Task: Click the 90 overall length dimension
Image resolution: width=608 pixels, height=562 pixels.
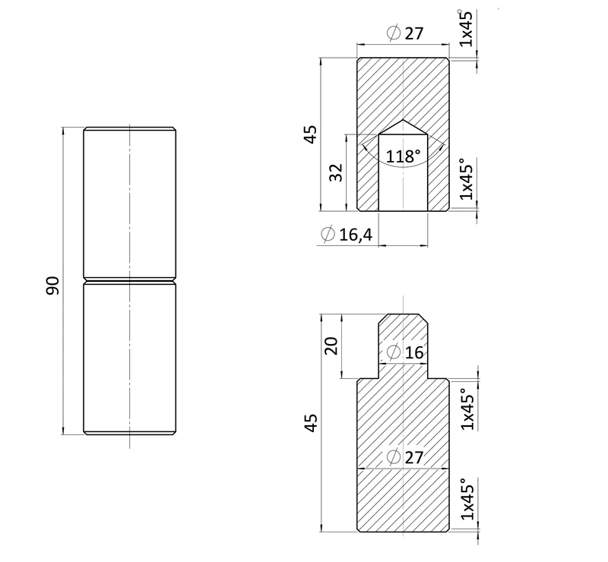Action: point(52,286)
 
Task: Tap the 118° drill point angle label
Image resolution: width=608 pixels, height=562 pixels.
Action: point(404,156)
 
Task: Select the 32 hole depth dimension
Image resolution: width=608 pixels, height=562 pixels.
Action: point(337,172)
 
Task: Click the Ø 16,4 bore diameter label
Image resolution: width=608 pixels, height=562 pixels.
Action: point(347,234)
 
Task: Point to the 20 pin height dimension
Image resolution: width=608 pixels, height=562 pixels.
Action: point(331,346)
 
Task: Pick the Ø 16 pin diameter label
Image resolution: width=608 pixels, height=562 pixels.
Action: point(406,352)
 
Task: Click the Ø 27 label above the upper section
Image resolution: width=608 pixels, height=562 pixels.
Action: point(406,33)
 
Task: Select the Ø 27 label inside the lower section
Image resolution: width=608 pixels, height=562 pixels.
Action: point(406,457)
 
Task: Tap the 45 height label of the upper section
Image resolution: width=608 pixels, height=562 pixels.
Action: point(311,134)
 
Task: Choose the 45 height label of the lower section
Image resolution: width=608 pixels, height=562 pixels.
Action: point(311,423)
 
